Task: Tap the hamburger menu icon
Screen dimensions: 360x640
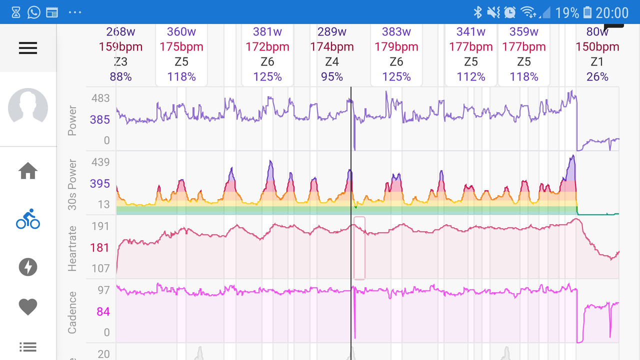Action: pyautogui.click(x=28, y=48)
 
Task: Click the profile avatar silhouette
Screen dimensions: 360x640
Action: pyautogui.click(x=28, y=108)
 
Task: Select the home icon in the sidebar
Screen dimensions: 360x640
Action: pyautogui.click(x=28, y=171)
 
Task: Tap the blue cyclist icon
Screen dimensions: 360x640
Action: pyautogui.click(x=28, y=219)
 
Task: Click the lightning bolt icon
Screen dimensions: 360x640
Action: pyautogui.click(x=28, y=267)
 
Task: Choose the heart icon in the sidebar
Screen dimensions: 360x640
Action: pyautogui.click(x=28, y=306)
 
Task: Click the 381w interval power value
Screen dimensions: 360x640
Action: pyautogui.click(x=267, y=32)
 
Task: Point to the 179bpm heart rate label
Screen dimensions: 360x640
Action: pyautogui.click(x=396, y=47)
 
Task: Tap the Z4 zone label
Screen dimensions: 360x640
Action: pyautogui.click(x=331, y=62)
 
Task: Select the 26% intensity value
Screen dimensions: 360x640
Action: pyautogui.click(x=597, y=77)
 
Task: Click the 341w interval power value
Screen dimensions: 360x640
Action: pyautogui.click(x=470, y=32)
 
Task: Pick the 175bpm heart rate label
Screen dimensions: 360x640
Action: pyautogui.click(x=181, y=47)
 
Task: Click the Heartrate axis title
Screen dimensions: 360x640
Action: pyautogui.click(x=72, y=248)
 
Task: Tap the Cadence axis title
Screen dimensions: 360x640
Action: pyautogui.click(x=72, y=312)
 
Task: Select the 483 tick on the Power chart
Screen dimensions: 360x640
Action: pyautogui.click(x=100, y=98)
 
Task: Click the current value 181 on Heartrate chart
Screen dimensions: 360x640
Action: pyautogui.click(x=99, y=247)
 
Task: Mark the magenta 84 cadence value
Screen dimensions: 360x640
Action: pyautogui.click(x=103, y=312)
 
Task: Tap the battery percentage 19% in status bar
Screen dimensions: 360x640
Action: pyautogui.click(x=566, y=12)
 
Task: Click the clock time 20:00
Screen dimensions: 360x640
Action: pyautogui.click(x=612, y=12)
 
